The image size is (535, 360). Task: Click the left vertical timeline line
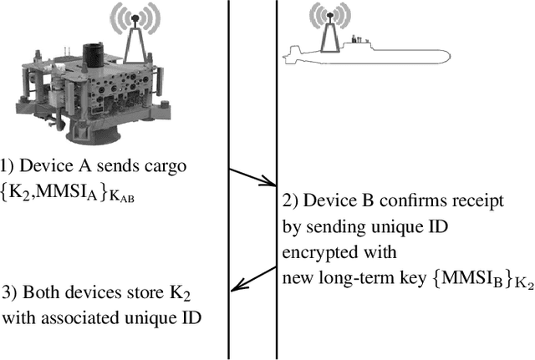click(x=229, y=180)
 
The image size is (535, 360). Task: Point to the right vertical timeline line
click(x=276, y=180)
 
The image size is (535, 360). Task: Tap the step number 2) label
click(x=289, y=200)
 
